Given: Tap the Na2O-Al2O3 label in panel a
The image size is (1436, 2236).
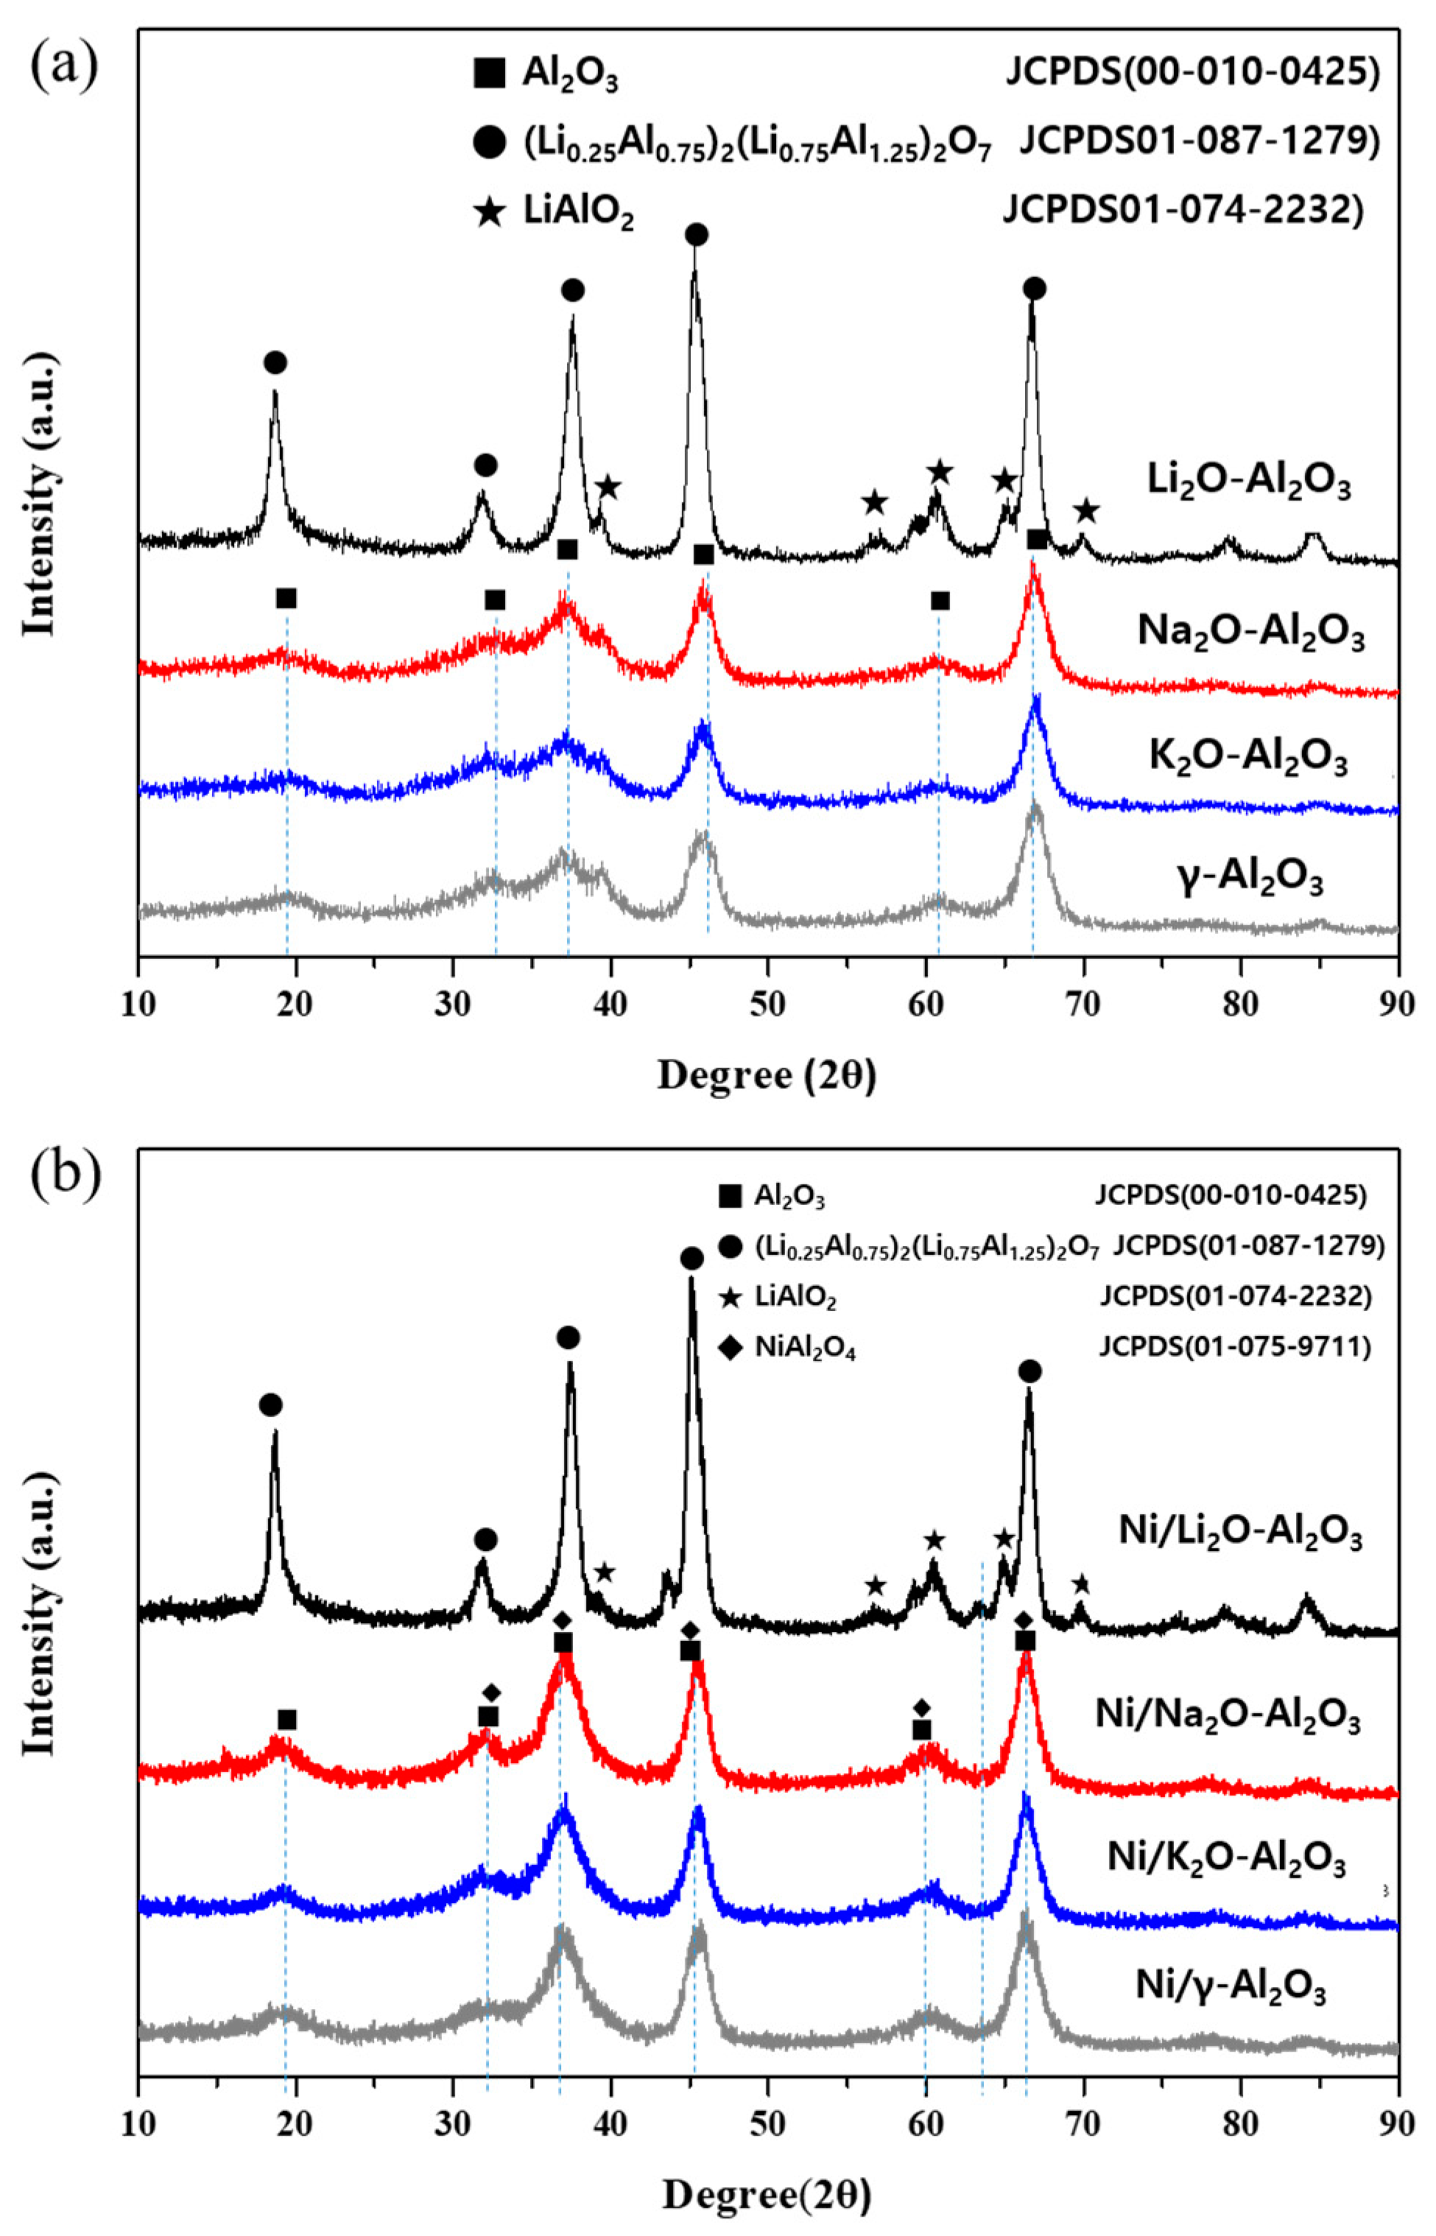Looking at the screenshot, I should tap(1250, 633).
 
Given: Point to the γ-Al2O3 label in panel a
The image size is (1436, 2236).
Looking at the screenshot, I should tap(1250, 879).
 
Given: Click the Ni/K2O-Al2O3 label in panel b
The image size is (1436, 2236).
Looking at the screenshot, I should tap(1226, 1858).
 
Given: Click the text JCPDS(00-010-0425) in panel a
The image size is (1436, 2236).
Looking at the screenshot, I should tap(1192, 73).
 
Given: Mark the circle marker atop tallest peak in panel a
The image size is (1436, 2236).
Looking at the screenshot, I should tap(697, 234).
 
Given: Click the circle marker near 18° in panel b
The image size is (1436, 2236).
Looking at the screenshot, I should tap(270, 1405).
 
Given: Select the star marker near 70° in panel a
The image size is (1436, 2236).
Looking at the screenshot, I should tap(1085, 511).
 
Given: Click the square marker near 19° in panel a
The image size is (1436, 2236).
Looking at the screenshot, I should tap(286, 599).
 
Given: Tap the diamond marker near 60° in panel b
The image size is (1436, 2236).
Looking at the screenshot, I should tap(921, 1707).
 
